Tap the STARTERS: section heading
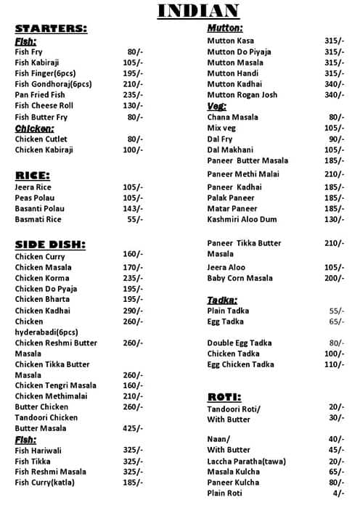point(51,29)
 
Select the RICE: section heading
point(33,176)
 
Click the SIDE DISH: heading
point(50,245)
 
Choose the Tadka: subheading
point(222,300)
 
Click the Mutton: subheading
point(225,28)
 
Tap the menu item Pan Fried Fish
point(40,95)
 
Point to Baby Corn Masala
point(240,279)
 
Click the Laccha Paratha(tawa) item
point(247,462)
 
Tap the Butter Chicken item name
point(41,406)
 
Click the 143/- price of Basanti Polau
point(134,208)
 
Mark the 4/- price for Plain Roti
point(338,493)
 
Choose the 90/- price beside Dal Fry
point(336,139)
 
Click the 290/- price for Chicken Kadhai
point(134,311)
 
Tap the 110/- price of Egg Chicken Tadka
point(335,364)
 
